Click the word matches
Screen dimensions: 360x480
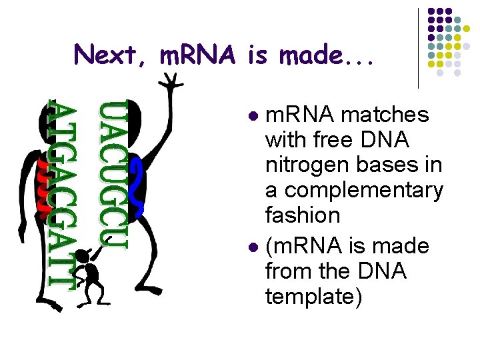[x=385, y=115]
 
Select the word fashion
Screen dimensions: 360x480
[x=303, y=215]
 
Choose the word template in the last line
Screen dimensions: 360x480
[x=314, y=297]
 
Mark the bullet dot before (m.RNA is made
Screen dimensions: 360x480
[x=253, y=247]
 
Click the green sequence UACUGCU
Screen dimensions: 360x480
[x=113, y=175]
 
